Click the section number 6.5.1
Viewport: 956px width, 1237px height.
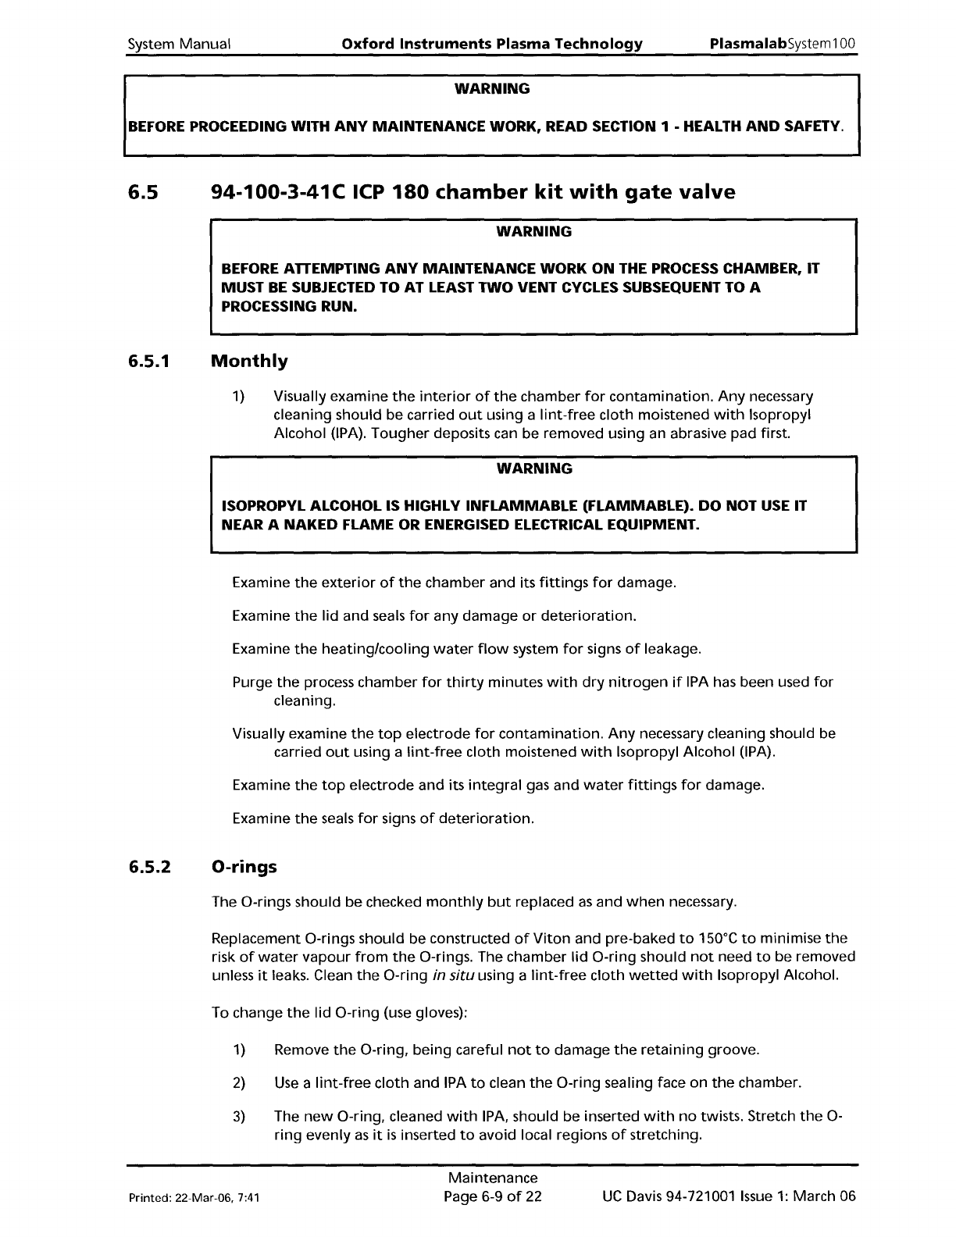tap(148, 362)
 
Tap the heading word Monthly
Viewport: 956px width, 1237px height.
tap(249, 362)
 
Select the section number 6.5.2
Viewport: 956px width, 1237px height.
tap(150, 868)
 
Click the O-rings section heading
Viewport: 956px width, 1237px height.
tap(244, 868)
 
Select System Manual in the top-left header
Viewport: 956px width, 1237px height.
tap(179, 44)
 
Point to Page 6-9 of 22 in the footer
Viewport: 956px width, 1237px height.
tap(492, 1197)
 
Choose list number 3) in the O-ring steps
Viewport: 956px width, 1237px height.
tap(239, 1116)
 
